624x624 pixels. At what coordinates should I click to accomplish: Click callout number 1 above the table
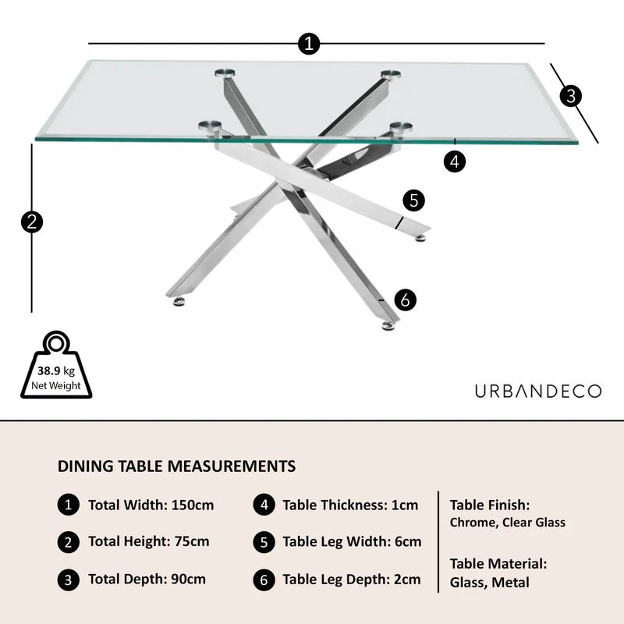pos(310,44)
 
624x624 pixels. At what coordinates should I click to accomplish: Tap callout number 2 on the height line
pos(31,222)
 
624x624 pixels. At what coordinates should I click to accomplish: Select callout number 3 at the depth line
pos(572,96)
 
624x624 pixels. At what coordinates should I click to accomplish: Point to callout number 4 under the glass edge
pos(455,161)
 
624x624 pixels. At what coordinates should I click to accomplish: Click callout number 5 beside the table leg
pos(413,200)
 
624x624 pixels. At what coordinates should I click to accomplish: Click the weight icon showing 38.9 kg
pos(55,367)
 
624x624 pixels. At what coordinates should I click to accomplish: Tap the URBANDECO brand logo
pos(538,391)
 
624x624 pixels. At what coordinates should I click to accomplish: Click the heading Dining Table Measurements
pos(176,466)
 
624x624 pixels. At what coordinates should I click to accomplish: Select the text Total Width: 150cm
pos(151,505)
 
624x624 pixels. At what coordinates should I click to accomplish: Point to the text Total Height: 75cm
pos(148,541)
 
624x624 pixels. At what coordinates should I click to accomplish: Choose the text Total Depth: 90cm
pos(147,579)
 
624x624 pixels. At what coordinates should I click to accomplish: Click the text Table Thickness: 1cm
pos(350,505)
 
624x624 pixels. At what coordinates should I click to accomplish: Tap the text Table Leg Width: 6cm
pos(352,541)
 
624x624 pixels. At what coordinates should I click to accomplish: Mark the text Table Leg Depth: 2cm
pos(351,579)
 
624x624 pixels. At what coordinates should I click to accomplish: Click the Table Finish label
pos(490,505)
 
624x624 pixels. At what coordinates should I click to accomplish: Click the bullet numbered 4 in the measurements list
pos(264,505)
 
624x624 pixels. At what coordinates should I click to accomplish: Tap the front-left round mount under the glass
pos(209,125)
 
